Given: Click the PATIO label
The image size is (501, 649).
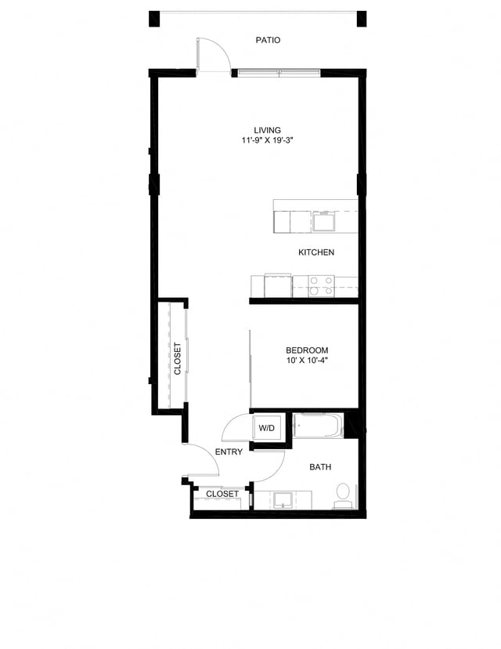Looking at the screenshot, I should [268, 40].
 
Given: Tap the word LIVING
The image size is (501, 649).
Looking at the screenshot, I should [267, 130].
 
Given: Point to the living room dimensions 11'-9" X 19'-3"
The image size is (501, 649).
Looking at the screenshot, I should [267, 141].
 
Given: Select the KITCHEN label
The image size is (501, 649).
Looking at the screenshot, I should [316, 252].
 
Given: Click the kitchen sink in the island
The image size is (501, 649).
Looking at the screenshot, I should [324, 221].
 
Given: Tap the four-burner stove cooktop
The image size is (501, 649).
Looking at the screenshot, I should [321, 285].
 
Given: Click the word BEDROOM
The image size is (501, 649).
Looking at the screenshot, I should [307, 350].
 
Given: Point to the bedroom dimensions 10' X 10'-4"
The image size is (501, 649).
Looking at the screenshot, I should [307, 361].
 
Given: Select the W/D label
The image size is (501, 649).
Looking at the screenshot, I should [267, 428].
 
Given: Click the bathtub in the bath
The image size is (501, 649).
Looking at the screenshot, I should [318, 426].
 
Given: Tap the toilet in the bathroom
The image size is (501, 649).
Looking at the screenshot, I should [342, 495].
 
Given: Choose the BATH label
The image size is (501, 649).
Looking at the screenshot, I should [320, 467].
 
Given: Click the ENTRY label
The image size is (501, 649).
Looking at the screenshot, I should [229, 451].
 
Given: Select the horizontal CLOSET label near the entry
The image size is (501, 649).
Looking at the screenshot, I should [222, 495].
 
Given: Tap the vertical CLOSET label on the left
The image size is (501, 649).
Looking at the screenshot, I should [178, 358].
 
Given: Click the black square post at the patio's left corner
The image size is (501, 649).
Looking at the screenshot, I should [154, 19].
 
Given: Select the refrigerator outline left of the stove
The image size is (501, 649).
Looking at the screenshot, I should [277, 285].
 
